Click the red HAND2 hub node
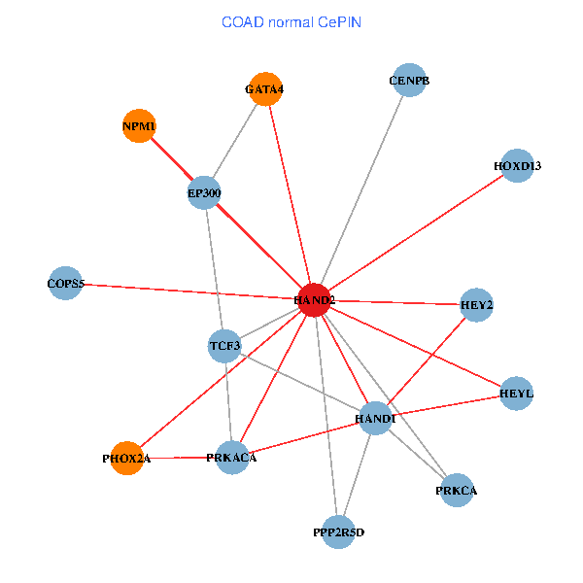[x=314, y=300]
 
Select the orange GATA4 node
[x=265, y=89]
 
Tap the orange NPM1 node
[x=139, y=126]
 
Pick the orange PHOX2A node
[x=127, y=458]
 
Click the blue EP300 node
[x=205, y=192]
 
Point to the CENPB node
[x=409, y=81]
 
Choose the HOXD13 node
[x=517, y=166]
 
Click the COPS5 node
[x=65, y=284]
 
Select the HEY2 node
[x=477, y=305]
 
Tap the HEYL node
[x=517, y=394]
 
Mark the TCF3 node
[x=224, y=345]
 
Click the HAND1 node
[x=375, y=419]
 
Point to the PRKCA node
[x=457, y=491]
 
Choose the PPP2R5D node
[x=338, y=532]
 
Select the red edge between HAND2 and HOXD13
[x=416, y=233]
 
